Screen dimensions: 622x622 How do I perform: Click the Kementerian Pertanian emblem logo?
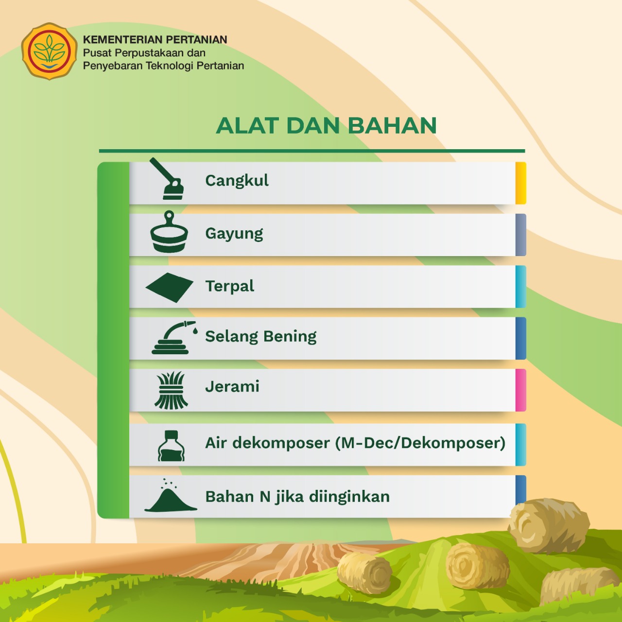pyautogui.click(x=49, y=51)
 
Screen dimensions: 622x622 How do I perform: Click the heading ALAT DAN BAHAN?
pyautogui.click(x=327, y=125)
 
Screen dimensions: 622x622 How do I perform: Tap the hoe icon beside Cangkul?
pyautogui.click(x=167, y=179)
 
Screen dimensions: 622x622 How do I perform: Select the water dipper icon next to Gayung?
pyautogui.click(x=169, y=231)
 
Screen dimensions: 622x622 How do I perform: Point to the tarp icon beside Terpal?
pyautogui.click(x=170, y=287)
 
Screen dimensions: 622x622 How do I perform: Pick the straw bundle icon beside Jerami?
pyautogui.click(x=171, y=390)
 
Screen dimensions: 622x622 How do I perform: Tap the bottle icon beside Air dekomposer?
pyautogui.click(x=171, y=446)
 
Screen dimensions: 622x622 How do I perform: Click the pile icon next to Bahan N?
pyautogui.click(x=171, y=496)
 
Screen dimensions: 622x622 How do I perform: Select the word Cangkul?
pyautogui.click(x=237, y=180)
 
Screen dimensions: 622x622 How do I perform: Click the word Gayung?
pyautogui.click(x=234, y=234)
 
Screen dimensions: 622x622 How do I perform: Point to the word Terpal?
pyautogui.click(x=230, y=286)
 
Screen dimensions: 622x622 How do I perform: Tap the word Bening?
pyautogui.click(x=290, y=337)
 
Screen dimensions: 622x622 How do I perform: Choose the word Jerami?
pyautogui.click(x=232, y=386)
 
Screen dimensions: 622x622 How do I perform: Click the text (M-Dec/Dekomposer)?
pyautogui.click(x=420, y=443)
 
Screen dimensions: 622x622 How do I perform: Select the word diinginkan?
pyautogui.click(x=349, y=497)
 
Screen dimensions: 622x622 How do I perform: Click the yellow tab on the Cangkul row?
pyautogui.click(x=520, y=183)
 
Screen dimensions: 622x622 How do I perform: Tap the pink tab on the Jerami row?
pyautogui.click(x=520, y=390)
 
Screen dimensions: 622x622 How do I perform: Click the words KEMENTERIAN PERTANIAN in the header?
pyautogui.click(x=155, y=40)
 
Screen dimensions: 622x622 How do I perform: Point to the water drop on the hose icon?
pyautogui.click(x=195, y=331)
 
